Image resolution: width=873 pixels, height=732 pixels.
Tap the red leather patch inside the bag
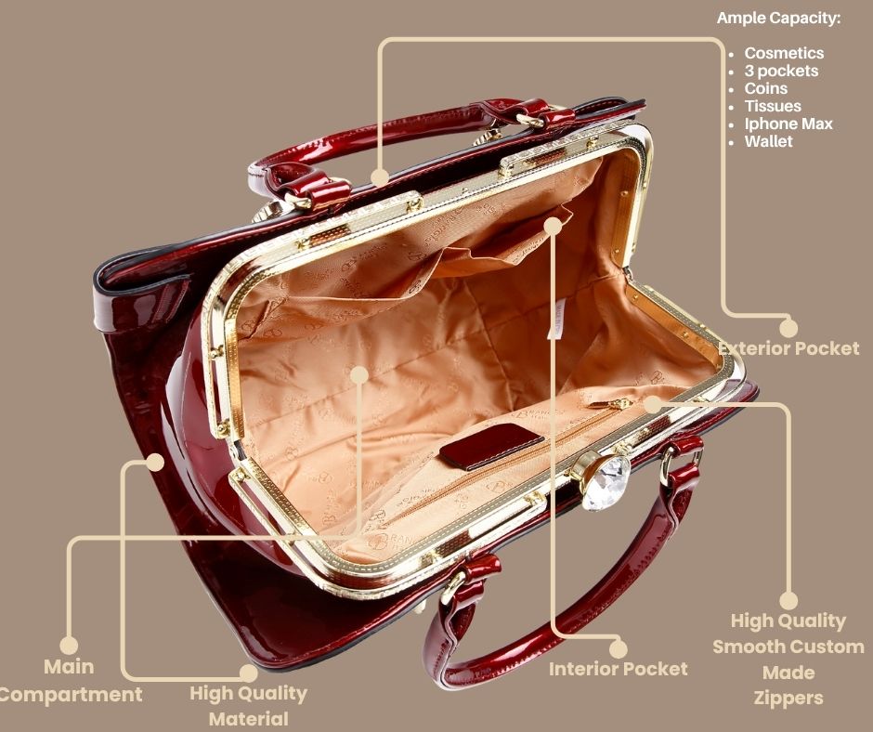tap(490, 445)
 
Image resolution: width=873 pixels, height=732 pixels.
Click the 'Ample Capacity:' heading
tap(778, 18)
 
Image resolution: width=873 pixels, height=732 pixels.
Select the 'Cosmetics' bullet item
tap(784, 53)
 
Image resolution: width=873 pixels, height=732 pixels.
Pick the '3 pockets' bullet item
tap(781, 71)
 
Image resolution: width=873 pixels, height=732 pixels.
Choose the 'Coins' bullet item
tap(765, 88)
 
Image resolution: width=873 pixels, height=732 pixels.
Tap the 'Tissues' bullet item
tap(773, 106)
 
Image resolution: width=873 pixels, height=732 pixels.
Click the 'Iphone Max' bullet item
tap(788, 124)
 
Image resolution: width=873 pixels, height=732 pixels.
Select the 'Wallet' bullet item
tap(768, 141)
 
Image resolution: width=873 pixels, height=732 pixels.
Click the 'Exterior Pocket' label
tap(788, 348)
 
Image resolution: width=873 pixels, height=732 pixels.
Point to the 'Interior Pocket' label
tap(618, 669)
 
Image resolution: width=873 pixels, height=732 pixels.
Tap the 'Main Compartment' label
tap(69, 680)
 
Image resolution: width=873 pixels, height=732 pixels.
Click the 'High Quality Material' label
tap(248, 706)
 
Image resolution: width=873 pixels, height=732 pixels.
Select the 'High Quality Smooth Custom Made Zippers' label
tap(788, 659)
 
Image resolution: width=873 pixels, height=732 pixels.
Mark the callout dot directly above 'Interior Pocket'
tap(618, 649)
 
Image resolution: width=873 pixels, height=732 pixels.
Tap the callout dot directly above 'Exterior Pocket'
tap(788, 328)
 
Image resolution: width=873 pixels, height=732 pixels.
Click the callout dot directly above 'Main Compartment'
tap(69, 646)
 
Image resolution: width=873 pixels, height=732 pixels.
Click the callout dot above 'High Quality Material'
tap(249, 673)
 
